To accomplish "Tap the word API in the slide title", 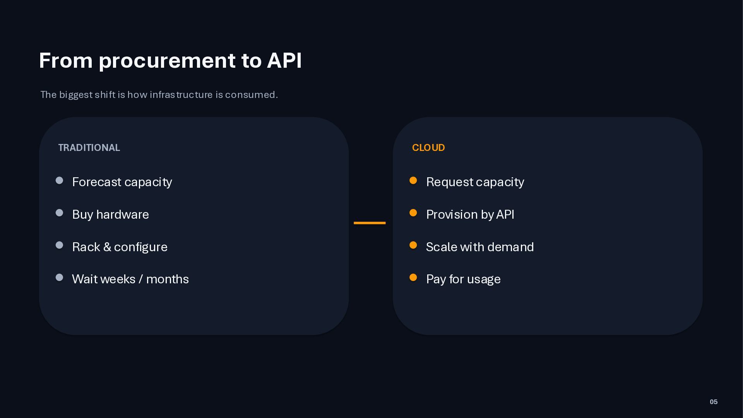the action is click(x=284, y=60).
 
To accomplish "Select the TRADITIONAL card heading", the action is click(x=89, y=148).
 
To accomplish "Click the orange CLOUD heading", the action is click(x=428, y=148).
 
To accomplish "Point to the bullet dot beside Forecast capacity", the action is click(x=59, y=180).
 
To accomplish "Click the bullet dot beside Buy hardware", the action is click(x=59, y=213).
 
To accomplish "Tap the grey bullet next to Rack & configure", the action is click(x=59, y=245).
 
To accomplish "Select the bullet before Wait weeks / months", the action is click(x=59, y=278).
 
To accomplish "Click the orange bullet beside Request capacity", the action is click(x=413, y=180).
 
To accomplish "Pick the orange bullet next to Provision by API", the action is click(x=413, y=213).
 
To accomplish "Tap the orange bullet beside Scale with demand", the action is click(x=413, y=245).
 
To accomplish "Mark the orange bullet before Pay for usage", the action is click(x=413, y=278).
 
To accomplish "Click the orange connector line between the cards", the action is click(x=370, y=223).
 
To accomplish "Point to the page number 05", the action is click(x=714, y=402).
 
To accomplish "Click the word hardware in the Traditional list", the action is click(x=122, y=214).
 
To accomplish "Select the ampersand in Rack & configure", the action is click(x=107, y=247).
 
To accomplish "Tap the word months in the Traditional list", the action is click(x=168, y=279).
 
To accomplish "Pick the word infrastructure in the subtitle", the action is click(x=181, y=95).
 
